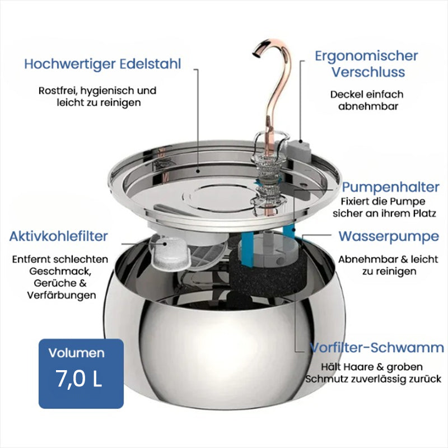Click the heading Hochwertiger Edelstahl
[102, 64]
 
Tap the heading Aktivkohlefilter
[59, 236]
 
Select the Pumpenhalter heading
[390, 188]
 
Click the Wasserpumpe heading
[389, 236]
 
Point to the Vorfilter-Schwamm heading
[377, 348]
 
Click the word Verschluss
[368, 72]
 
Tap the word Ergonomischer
[366, 57]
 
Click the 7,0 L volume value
[78, 379]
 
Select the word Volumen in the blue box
[77, 353]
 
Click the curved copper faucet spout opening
[256, 54]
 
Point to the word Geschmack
[60, 272]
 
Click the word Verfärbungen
[62, 295]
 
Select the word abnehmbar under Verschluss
[368, 106]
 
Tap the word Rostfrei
[58, 91]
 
